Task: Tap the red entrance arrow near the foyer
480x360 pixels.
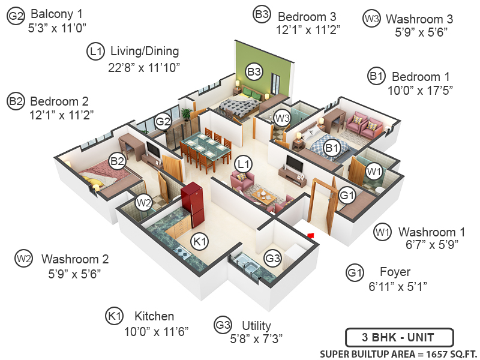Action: pyautogui.click(x=310, y=235)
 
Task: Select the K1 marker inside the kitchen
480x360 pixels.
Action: pyautogui.click(x=199, y=242)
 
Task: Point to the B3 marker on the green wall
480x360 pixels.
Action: pyautogui.click(x=254, y=72)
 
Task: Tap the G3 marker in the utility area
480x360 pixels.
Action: pyautogui.click(x=273, y=259)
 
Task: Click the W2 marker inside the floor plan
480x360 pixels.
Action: pyautogui.click(x=143, y=203)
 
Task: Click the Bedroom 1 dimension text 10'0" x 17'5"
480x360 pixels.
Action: pyautogui.click(x=420, y=90)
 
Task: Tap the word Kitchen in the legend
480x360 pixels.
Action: pyautogui.click(x=154, y=316)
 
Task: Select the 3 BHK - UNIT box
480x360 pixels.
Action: pyautogui.click(x=400, y=337)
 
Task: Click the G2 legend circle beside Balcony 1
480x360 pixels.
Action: pyautogui.click(x=16, y=17)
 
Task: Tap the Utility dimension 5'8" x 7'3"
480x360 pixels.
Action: pyautogui.click(x=257, y=338)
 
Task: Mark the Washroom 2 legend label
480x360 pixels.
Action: pyautogui.click(x=75, y=260)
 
